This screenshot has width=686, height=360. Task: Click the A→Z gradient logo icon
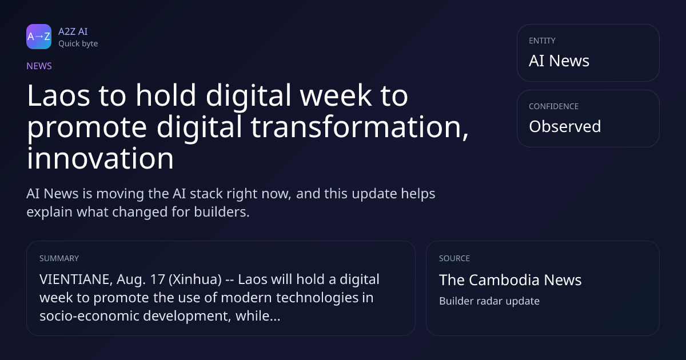pos(39,37)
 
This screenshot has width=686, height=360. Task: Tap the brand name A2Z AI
pos(73,31)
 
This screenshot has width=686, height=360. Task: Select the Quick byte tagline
pos(78,44)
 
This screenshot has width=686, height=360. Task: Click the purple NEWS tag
pos(39,66)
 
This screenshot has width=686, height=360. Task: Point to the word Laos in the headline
pos(58,95)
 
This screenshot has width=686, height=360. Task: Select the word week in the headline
pos(336,95)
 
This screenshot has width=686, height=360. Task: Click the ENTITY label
pos(542,41)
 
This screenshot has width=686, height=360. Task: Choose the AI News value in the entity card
pos(559,61)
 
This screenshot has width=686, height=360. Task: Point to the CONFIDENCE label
pos(554,106)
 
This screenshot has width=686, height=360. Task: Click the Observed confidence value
pos(565,126)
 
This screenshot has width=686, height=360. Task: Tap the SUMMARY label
pos(59,258)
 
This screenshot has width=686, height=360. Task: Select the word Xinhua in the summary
pos(195,279)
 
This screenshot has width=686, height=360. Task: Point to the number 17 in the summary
pos(158,279)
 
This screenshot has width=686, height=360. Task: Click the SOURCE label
pos(454,258)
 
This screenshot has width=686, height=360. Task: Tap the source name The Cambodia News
pos(510,280)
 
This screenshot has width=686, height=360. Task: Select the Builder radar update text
pos(489,301)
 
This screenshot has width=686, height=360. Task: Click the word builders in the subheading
pos(222,212)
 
